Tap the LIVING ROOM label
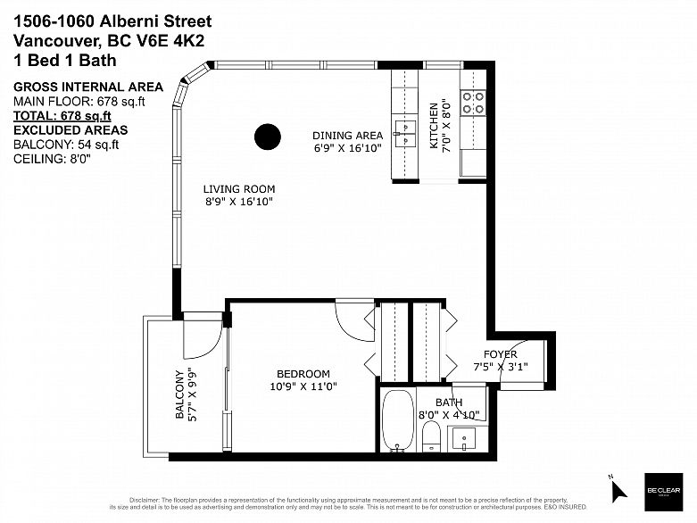click(x=238, y=189)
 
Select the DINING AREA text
click(x=347, y=136)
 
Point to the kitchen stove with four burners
click(x=472, y=103)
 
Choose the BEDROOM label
click(x=303, y=374)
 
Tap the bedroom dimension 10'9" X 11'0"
click(x=303, y=387)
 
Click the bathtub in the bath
click(x=397, y=419)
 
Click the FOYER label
click(x=501, y=354)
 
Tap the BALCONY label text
click(x=179, y=394)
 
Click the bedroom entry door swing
click(x=354, y=321)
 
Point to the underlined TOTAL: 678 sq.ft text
click(x=62, y=115)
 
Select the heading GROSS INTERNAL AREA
click(x=87, y=87)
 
